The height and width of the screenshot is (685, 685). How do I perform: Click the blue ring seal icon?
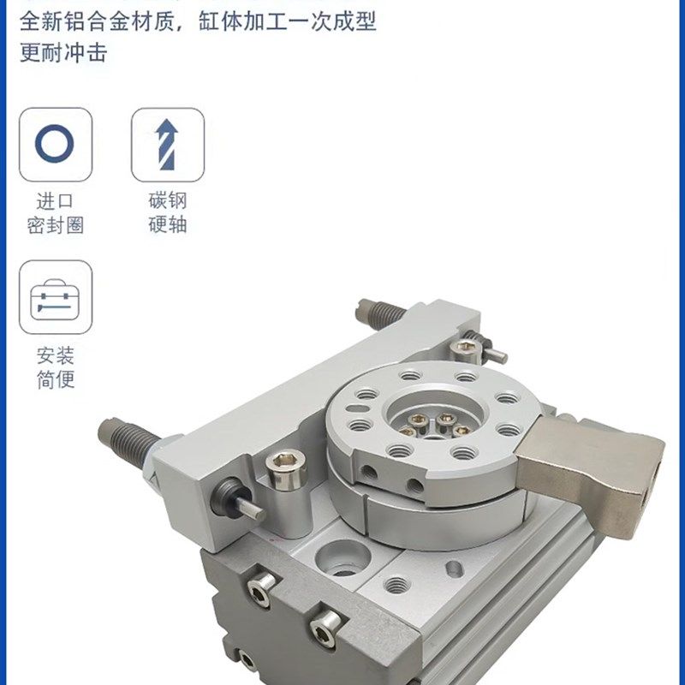[x=55, y=144]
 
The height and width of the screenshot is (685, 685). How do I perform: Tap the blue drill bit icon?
[x=168, y=144]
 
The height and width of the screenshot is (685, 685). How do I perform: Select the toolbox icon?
[x=55, y=297]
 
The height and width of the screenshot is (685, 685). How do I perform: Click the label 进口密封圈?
[x=55, y=213]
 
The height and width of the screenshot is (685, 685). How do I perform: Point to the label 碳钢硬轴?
[x=168, y=213]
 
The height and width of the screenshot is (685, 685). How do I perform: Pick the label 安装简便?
[x=55, y=366]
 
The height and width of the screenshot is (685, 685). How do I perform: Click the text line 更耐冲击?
[x=63, y=52]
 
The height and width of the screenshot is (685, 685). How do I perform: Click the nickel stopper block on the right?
[x=591, y=463]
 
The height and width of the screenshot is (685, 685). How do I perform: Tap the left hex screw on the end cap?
[x=260, y=586]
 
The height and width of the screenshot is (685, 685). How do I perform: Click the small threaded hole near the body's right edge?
[x=396, y=585]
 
